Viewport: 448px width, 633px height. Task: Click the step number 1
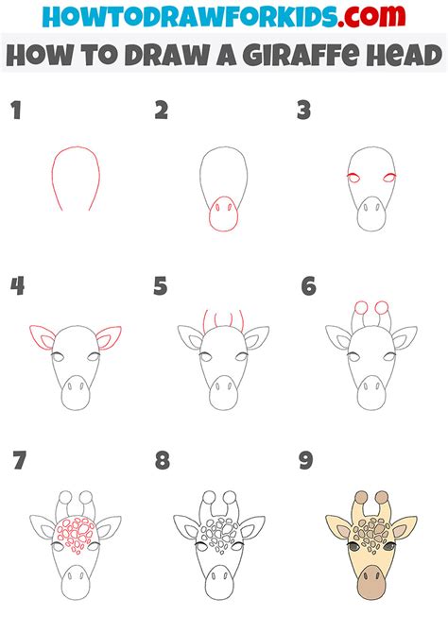coord(16,111)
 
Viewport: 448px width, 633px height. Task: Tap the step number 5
coord(160,286)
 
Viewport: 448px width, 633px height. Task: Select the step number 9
coord(306,460)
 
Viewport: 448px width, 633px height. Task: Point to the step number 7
coord(20,460)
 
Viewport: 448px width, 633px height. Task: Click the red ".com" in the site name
coord(371,16)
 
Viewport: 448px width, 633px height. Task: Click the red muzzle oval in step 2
coord(223,214)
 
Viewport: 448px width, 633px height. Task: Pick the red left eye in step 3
coord(353,178)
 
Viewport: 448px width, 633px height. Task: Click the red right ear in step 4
coord(109,337)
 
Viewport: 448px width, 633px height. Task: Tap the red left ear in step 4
coord(43,336)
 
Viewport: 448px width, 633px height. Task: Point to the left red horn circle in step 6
coord(361,308)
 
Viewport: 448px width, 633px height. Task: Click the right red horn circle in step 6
coord(381,308)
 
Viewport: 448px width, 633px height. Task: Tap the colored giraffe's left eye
coord(353,547)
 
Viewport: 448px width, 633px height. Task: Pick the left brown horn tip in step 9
coord(361,497)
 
